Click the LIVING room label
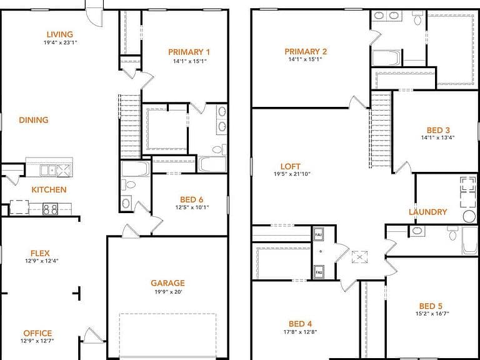click(60, 34)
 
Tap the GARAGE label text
click(167, 283)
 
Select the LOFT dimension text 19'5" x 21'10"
click(292, 174)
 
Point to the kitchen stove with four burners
click(50, 209)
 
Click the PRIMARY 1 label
click(189, 52)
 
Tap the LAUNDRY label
click(427, 212)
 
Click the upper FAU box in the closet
click(318, 235)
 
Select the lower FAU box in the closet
click(318, 272)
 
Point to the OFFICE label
click(37, 333)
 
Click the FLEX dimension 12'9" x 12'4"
click(42, 261)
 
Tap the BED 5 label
click(431, 306)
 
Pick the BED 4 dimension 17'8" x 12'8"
click(300, 332)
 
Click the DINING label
click(34, 120)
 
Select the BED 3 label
click(438, 130)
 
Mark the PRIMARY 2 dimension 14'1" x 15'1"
click(305, 59)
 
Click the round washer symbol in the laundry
click(469, 216)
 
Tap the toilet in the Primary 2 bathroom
click(417, 18)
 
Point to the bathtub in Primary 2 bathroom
click(386, 57)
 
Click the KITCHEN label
click(49, 190)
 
